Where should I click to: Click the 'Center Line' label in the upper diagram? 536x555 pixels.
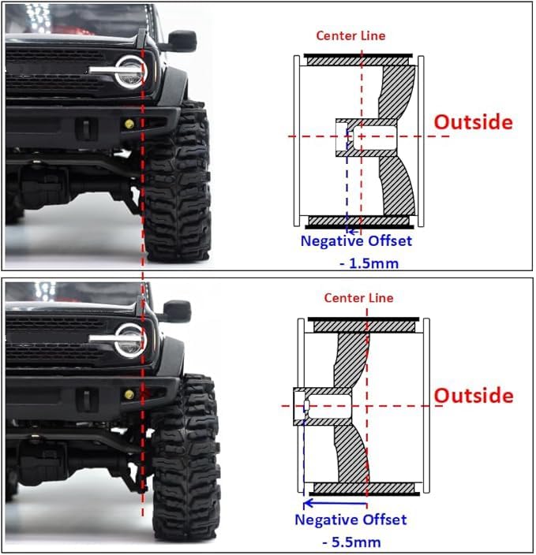[x=350, y=35]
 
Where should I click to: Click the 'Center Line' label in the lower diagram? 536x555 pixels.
[x=358, y=298]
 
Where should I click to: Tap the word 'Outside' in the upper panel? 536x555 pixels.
[x=474, y=122]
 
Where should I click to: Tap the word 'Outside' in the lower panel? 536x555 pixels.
[x=474, y=396]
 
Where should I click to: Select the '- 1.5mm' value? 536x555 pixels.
[x=369, y=263]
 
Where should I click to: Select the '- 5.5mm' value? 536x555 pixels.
[x=351, y=542]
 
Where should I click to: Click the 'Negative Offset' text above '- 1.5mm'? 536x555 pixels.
[x=356, y=241]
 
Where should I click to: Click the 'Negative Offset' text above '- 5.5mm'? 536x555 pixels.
[x=351, y=520]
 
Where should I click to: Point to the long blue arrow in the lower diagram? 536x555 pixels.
[x=335, y=503]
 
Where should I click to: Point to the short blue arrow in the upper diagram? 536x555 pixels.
[x=354, y=233]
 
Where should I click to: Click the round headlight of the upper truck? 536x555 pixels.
[x=129, y=73]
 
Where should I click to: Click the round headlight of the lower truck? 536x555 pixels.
[x=129, y=341]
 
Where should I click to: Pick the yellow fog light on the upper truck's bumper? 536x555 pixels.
[x=129, y=124]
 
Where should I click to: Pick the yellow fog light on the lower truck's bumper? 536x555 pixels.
[x=129, y=395]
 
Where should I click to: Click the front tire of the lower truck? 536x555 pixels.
[x=185, y=456]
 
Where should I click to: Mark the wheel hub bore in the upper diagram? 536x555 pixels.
[x=374, y=136]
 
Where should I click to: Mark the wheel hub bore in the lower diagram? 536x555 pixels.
[x=328, y=406]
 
